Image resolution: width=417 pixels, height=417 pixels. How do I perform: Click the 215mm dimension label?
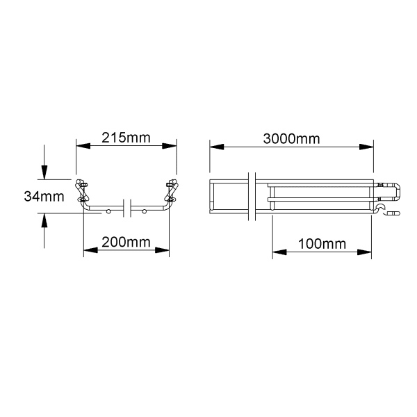point(126,138)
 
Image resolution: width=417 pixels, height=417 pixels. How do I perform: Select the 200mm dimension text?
point(126,242)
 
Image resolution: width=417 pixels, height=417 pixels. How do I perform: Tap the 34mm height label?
point(44,197)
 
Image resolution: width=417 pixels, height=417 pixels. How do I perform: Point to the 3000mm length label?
point(291,139)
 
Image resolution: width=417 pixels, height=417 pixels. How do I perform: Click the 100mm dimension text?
point(322,244)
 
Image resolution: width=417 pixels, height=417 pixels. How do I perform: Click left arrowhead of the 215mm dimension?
point(83,146)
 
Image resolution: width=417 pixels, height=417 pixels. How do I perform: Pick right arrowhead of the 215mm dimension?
point(170,146)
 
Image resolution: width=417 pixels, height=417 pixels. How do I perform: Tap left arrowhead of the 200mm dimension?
point(90,250)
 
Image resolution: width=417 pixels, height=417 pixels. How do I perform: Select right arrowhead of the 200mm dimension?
point(162,250)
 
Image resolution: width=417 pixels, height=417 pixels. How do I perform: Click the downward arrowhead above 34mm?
point(44,172)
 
